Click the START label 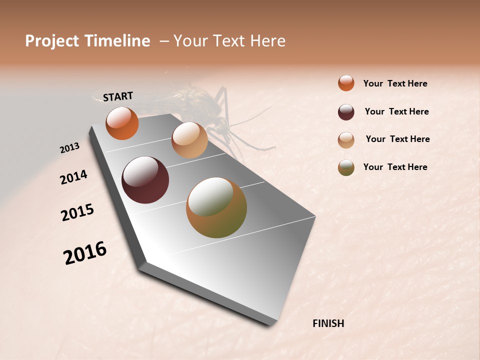click(118, 96)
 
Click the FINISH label click(328, 323)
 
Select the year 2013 click(69, 148)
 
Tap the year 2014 click(73, 177)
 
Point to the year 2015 click(77, 212)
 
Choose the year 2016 click(85, 253)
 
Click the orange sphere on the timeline click(122, 123)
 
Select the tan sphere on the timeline click(189, 140)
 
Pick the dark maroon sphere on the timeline click(145, 180)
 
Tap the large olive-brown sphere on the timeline click(216, 207)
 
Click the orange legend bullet click(346, 83)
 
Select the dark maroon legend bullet click(346, 112)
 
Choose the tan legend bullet click(346, 140)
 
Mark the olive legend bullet click(346, 167)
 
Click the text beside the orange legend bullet click(395, 83)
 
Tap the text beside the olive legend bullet click(395, 167)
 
